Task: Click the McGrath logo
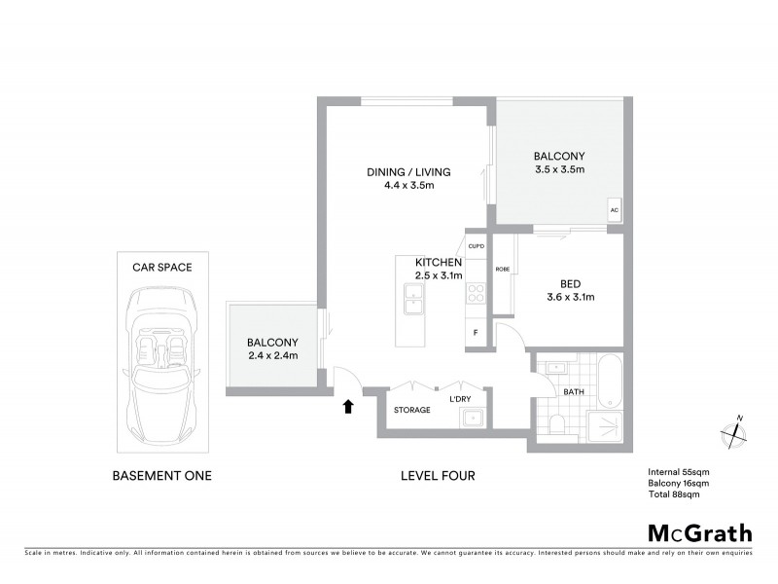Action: (699, 532)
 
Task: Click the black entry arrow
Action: (347, 407)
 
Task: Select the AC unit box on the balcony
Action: (614, 210)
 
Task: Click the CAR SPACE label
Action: (161, 266)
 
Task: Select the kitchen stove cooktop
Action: (477, 294)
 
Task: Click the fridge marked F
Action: (476, 333)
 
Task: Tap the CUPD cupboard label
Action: (476, 246)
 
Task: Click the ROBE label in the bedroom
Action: (503, 268)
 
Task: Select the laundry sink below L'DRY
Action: (474, 419)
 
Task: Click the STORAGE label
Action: (411, 410)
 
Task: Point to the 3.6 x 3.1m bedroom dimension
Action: (569, 297)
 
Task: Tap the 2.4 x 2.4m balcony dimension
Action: (271, 355)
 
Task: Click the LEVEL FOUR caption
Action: (437, 476)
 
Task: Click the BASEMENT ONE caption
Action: (161, 476)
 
